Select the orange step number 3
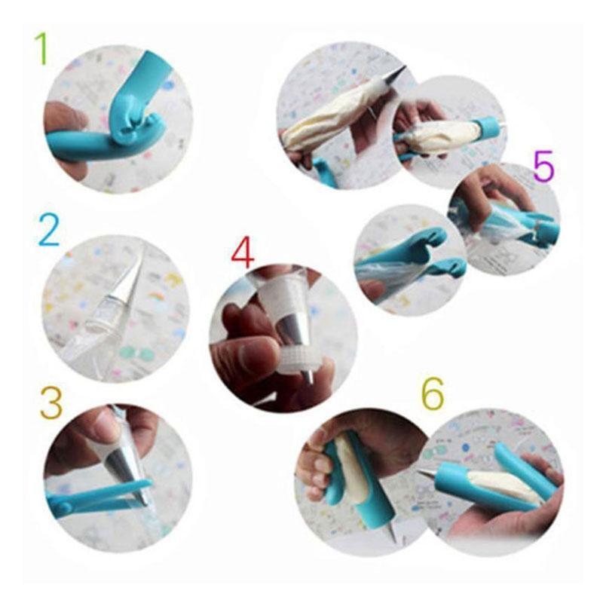click(x=51, y=403)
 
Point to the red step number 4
click(x=242, y=253)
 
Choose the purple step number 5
click(x=543, y=166)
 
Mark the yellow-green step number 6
click(x=432, y=393)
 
